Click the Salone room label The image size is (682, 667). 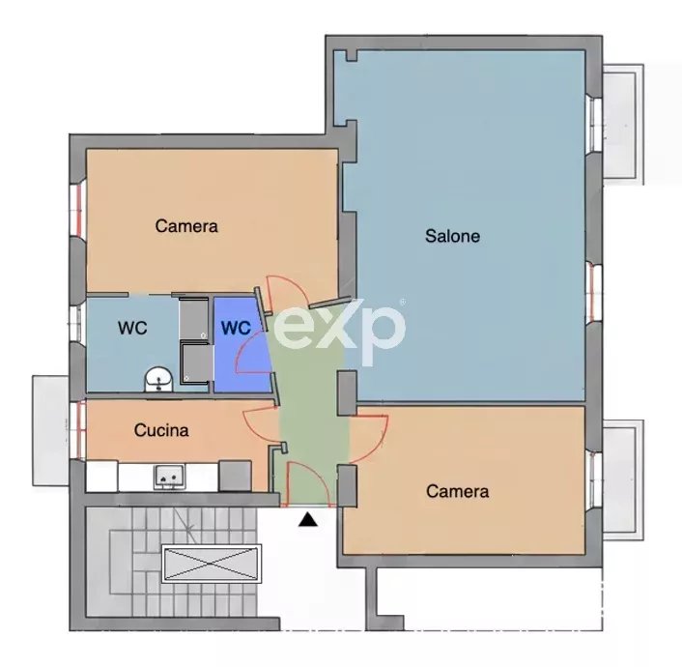pos(452,236)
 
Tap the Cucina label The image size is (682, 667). pos(161,430)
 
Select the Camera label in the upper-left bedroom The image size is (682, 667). pos(186,226)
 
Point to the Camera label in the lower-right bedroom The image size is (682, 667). pos(457,491)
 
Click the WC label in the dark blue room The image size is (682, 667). pos(236,328)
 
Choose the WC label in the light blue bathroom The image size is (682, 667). pos(132,328)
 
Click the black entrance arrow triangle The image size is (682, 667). pos(308,519)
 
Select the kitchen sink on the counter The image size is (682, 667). pos(169,477)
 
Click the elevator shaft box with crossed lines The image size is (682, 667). pos(212,564)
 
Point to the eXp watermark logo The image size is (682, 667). pos(338,328)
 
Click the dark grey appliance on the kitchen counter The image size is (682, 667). pos(235,477)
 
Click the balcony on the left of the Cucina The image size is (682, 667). pos(50,430)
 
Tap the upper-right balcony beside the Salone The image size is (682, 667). pos(622,124)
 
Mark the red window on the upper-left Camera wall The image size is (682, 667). pos(78,211)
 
